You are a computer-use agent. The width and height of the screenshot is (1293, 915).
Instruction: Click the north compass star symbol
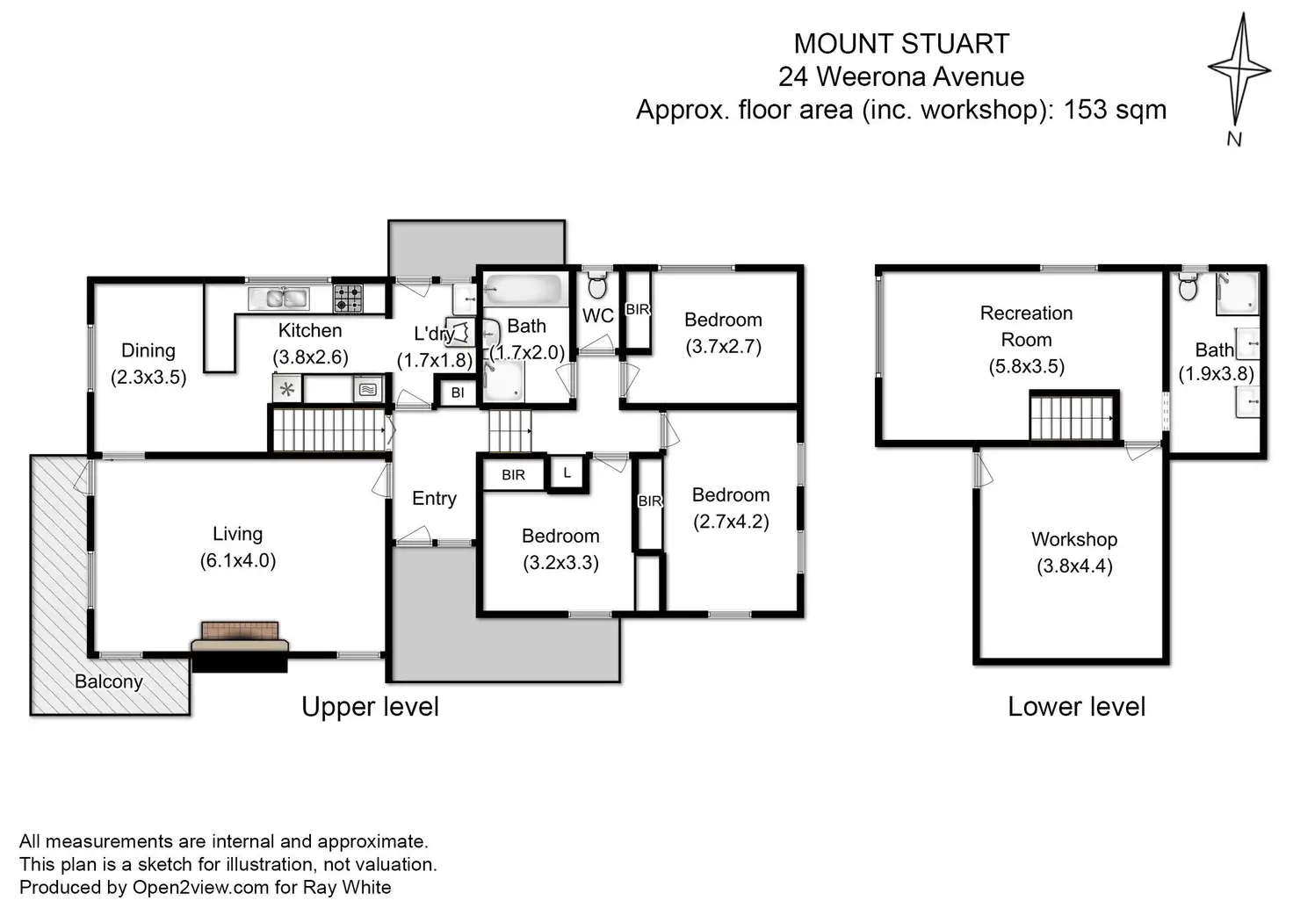(x=1239, y=69)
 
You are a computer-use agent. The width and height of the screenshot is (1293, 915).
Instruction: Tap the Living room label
(x=238, y=534)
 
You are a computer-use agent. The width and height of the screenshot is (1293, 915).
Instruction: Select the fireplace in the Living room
(x=240, y=646)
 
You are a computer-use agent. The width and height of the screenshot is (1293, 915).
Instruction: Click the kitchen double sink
(x=278, y=299)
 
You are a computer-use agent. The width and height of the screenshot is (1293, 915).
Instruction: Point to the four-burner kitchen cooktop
(x=349, y=299)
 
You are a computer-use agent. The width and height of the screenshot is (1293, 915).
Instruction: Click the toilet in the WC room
(x=596, y=285)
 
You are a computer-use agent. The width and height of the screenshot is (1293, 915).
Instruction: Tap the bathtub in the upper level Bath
(x=523, y=289)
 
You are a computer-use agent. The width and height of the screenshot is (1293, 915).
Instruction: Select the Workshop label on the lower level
(x=1074, y=539)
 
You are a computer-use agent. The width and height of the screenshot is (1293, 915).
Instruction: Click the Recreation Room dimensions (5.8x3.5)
(x=1026, y=366)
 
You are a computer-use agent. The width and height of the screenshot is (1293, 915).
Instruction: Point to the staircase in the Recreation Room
(x=1074, y=416)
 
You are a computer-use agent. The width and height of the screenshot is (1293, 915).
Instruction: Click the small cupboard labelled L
(x=567, y=473)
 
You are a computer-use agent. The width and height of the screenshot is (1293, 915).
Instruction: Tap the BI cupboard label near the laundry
(x=458, y=393)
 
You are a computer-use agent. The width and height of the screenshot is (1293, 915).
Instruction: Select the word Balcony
(x=109, y=681)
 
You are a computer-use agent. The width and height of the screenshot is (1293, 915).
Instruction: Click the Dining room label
(x=148, y=350)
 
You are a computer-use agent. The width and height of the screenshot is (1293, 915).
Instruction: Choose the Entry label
(x=434, y=499)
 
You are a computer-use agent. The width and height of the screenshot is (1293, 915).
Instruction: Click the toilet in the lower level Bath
(x=1188, y=287)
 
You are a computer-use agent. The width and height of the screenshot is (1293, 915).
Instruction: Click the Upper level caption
(x=370, y=707)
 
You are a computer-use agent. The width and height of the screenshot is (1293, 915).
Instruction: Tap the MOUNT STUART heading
(x=901, y=44)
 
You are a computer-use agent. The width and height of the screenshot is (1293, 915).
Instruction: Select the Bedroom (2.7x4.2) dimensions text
(x=731, y=522)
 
